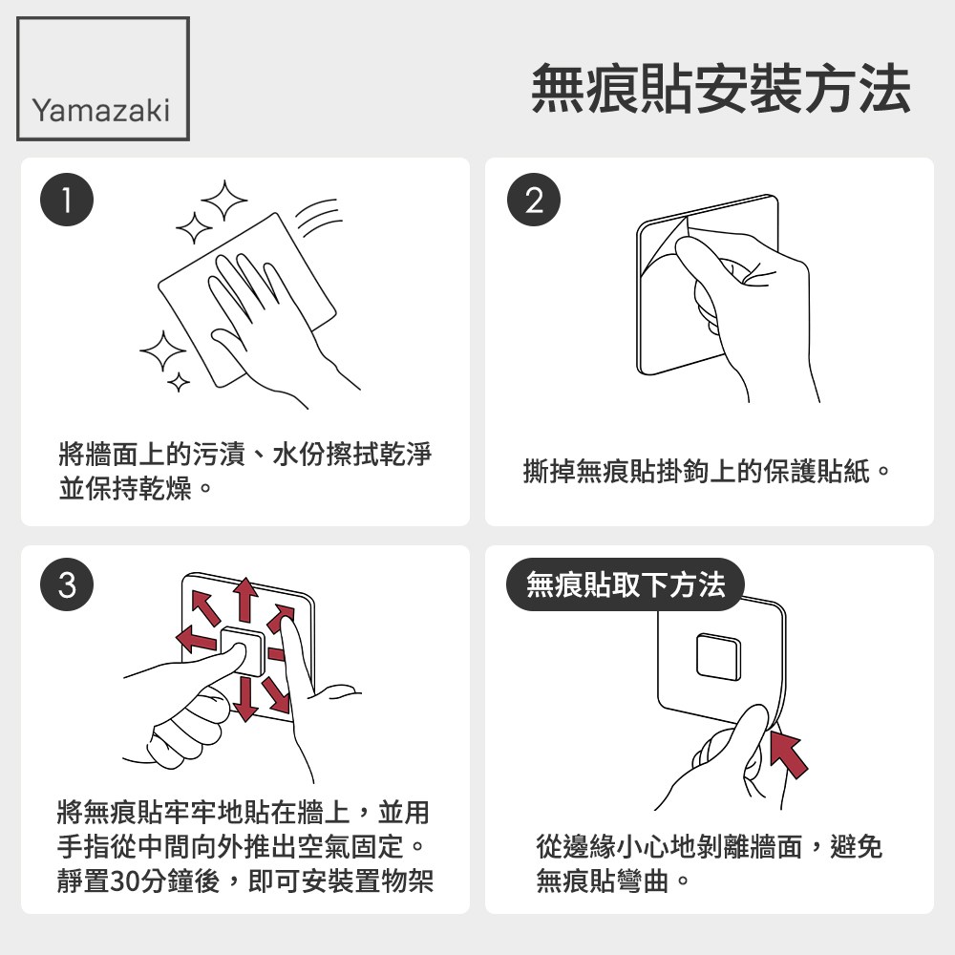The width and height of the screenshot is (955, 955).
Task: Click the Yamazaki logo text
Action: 101,110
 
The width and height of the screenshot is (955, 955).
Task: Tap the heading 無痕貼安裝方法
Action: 721,89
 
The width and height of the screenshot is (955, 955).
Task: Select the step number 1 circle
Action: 67,200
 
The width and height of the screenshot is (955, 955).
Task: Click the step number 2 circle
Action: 534,200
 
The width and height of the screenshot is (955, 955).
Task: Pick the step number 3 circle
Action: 67,584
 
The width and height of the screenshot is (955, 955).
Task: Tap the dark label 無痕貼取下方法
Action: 626,584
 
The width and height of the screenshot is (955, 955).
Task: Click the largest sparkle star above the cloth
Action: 224,200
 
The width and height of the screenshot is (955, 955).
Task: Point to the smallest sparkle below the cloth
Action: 179,383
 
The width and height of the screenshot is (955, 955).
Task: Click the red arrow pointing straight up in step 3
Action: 245,600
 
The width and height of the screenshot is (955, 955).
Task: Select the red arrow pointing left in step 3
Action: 196,638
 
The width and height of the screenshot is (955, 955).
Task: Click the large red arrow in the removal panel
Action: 789,755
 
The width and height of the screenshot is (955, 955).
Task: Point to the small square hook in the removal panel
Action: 719,657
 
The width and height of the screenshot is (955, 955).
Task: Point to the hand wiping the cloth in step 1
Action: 268,323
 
